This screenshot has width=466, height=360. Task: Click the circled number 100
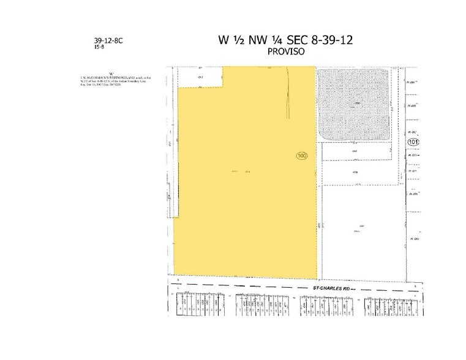301,156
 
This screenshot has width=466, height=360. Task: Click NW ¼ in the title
262,40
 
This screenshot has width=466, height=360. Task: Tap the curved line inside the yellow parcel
287,98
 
